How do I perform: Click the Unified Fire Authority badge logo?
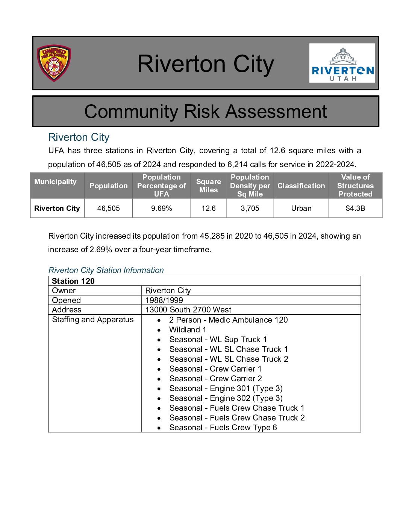pos(54,63)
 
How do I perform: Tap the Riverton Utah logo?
pos(342,63)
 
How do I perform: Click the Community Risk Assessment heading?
pos(205,111)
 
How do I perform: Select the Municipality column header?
pos(55,181)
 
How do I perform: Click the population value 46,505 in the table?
pos(108,208)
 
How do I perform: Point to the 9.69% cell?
pos(161,208)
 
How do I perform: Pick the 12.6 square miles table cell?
pos(208,208)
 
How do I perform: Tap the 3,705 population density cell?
pos(250,208)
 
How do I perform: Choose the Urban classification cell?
pos(301,208)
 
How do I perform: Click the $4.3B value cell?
pos(355,208)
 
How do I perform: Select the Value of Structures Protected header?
pos(355,186)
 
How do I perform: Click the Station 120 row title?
pos(73,281)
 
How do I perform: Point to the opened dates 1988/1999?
pos(164,300)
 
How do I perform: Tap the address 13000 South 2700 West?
pos(188,310)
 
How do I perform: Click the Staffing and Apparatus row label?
pos(93,320)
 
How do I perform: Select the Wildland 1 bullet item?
pos(188,330)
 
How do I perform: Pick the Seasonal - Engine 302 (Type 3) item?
pos(226,398)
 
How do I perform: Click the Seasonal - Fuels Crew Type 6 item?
pos(223,428)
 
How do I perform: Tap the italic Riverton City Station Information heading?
pos(106,270)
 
